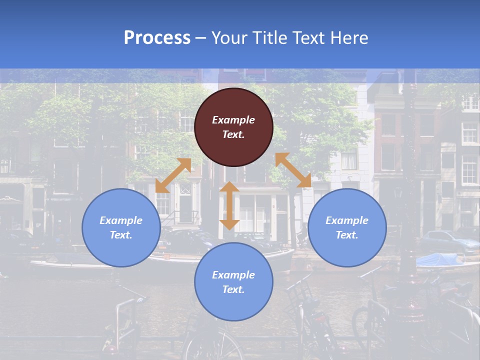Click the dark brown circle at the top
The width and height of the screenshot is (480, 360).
tap(233, 127)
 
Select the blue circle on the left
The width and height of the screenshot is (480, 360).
tap(121, 228)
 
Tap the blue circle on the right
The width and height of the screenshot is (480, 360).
tap(347, 228)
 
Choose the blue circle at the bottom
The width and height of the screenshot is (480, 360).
tap(233, 282)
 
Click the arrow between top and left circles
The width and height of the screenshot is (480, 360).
tap(173, 175)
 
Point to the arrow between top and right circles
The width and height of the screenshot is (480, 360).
tap(293, 170)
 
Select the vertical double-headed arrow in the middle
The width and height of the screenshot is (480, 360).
tap(229, 205)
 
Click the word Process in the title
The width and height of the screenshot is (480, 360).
tap(157, 38)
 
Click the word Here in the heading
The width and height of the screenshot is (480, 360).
tap(349, 38)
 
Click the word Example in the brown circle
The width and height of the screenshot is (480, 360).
tap(233, 120)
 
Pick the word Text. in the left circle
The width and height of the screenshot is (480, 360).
tap(121, 235)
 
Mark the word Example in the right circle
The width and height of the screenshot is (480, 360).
tap(347, 220)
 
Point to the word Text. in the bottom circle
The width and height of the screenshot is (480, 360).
tap(233, 289)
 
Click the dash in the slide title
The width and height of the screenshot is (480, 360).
tap(200, 38)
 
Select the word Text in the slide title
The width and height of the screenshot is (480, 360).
tap(311, 38)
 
